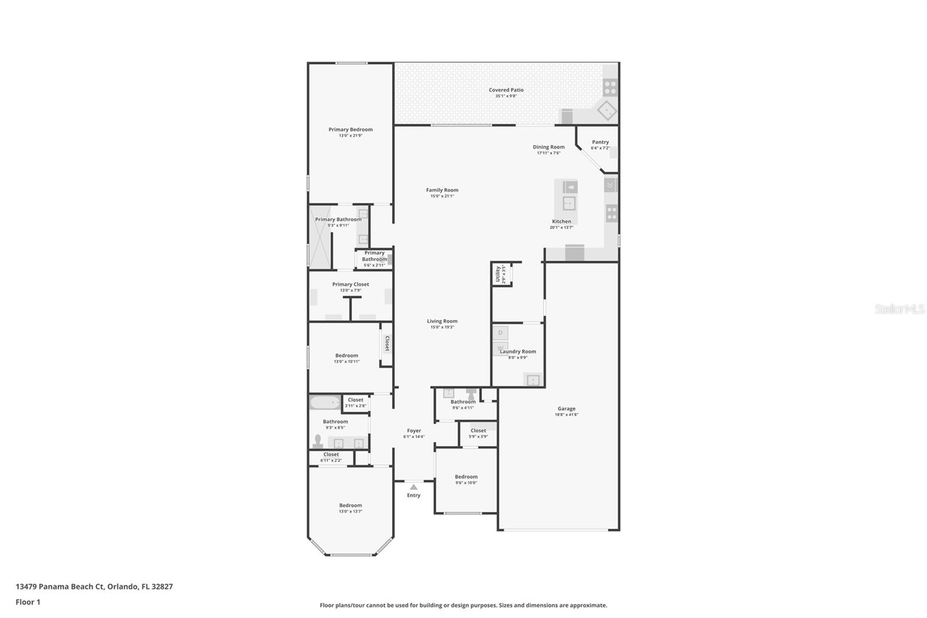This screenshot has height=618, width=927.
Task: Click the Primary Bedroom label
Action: tap(351, 130)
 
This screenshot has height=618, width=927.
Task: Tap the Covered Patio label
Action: tap(506, 90)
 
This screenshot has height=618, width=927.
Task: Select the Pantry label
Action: tap(600, 142)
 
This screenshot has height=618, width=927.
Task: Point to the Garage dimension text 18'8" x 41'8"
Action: tap(567, 415)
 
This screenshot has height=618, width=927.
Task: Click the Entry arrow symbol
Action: tap(413, 487)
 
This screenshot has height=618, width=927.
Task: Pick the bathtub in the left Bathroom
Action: tap(324, 402)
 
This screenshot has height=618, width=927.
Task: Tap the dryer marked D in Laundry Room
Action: tap(500, 333)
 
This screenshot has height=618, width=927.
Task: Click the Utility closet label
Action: tap(498, 273)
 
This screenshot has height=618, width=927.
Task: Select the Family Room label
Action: tap(442, 190)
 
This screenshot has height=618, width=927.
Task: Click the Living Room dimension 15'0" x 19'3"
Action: tap(442, 327)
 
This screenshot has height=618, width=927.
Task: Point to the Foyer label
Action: tap(414, 431)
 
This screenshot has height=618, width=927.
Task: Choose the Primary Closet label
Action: tap(351, 284)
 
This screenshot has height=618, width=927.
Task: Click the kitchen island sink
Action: tap(569, 203)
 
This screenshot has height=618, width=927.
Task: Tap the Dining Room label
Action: tap(549, 147)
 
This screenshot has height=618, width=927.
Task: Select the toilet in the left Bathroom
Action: tap(317, 441)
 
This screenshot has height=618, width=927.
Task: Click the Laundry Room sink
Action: tap(532, 380)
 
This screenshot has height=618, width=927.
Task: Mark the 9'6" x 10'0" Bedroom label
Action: tap(466, 477)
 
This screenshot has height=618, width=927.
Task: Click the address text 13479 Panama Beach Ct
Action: tap(60, 586)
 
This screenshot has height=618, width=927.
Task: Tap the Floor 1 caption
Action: tap(28, 602)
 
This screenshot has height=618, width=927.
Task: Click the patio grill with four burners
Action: tap(610, 88)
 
